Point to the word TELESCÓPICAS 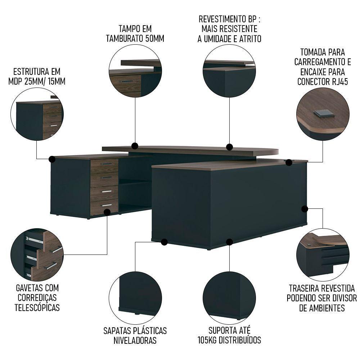point(37,308)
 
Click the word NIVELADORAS point(135,340)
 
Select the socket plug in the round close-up point(324,114)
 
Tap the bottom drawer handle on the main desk point(107,205)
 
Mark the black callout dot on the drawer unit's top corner point(52,159)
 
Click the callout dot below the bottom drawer point(107,212)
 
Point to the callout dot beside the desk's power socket point(289,163)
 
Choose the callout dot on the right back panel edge point(305,208)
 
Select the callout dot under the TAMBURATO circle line point(135,146)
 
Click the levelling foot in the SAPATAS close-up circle point(137,313)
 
